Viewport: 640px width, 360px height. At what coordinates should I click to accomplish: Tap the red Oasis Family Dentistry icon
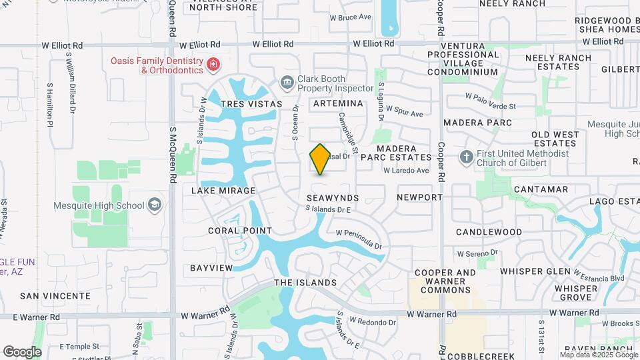click(x=213, y=65)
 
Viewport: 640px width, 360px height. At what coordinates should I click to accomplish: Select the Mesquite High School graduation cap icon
click(x=155, y=204)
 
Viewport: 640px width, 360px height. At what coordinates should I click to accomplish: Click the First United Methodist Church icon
click(x=467, y=157)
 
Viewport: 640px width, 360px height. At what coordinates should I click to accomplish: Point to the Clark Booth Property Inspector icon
click(x=287, y=83)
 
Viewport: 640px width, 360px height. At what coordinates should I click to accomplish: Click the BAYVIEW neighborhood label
click(x=211, y=268)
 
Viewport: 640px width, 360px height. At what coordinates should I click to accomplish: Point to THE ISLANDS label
click(x=305, y=283)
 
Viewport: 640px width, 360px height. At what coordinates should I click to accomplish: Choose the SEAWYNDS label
click(x=333, y=198)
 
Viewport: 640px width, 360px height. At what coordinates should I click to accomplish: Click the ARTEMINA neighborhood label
click(x=337, y=103)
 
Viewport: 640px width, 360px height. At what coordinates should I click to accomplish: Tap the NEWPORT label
click(x=419, y=197)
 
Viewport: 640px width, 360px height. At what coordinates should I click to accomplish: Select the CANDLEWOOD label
click(x=489, y=232)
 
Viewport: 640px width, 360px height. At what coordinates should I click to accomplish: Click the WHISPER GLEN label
click(x=535, y=271)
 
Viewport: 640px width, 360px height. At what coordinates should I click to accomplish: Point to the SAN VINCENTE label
click(x=55, y=295)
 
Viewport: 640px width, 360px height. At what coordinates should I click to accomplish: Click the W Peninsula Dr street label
click(x=359, y=240)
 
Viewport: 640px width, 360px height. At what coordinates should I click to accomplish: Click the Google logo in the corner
click(x=22, y=351)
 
